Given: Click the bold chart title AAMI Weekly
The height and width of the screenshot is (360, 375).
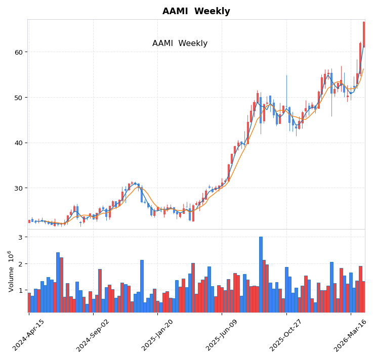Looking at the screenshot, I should [196, 12].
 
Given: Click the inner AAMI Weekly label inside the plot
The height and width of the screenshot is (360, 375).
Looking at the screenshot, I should [180, 43].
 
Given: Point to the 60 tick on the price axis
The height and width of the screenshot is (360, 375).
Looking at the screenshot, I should [18, 52].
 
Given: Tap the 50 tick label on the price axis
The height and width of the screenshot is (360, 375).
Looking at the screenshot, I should [18, 98].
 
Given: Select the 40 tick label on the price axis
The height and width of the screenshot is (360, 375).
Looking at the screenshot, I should [18, 143].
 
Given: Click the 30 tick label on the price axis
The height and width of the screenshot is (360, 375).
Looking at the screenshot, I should [18, 188].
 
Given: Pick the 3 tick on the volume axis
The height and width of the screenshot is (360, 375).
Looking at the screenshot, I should [20, 237].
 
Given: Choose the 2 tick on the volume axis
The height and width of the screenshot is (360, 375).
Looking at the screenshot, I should [20, 264].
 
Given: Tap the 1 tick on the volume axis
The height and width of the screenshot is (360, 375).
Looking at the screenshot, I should [20, 291].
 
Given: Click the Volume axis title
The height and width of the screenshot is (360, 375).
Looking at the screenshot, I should [11, 271].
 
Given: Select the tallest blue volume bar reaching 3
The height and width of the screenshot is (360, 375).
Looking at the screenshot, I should [261, 274].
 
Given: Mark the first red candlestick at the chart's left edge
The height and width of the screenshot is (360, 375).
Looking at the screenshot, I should [29, 221].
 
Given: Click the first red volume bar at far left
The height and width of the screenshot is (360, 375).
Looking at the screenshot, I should [29, 302].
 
